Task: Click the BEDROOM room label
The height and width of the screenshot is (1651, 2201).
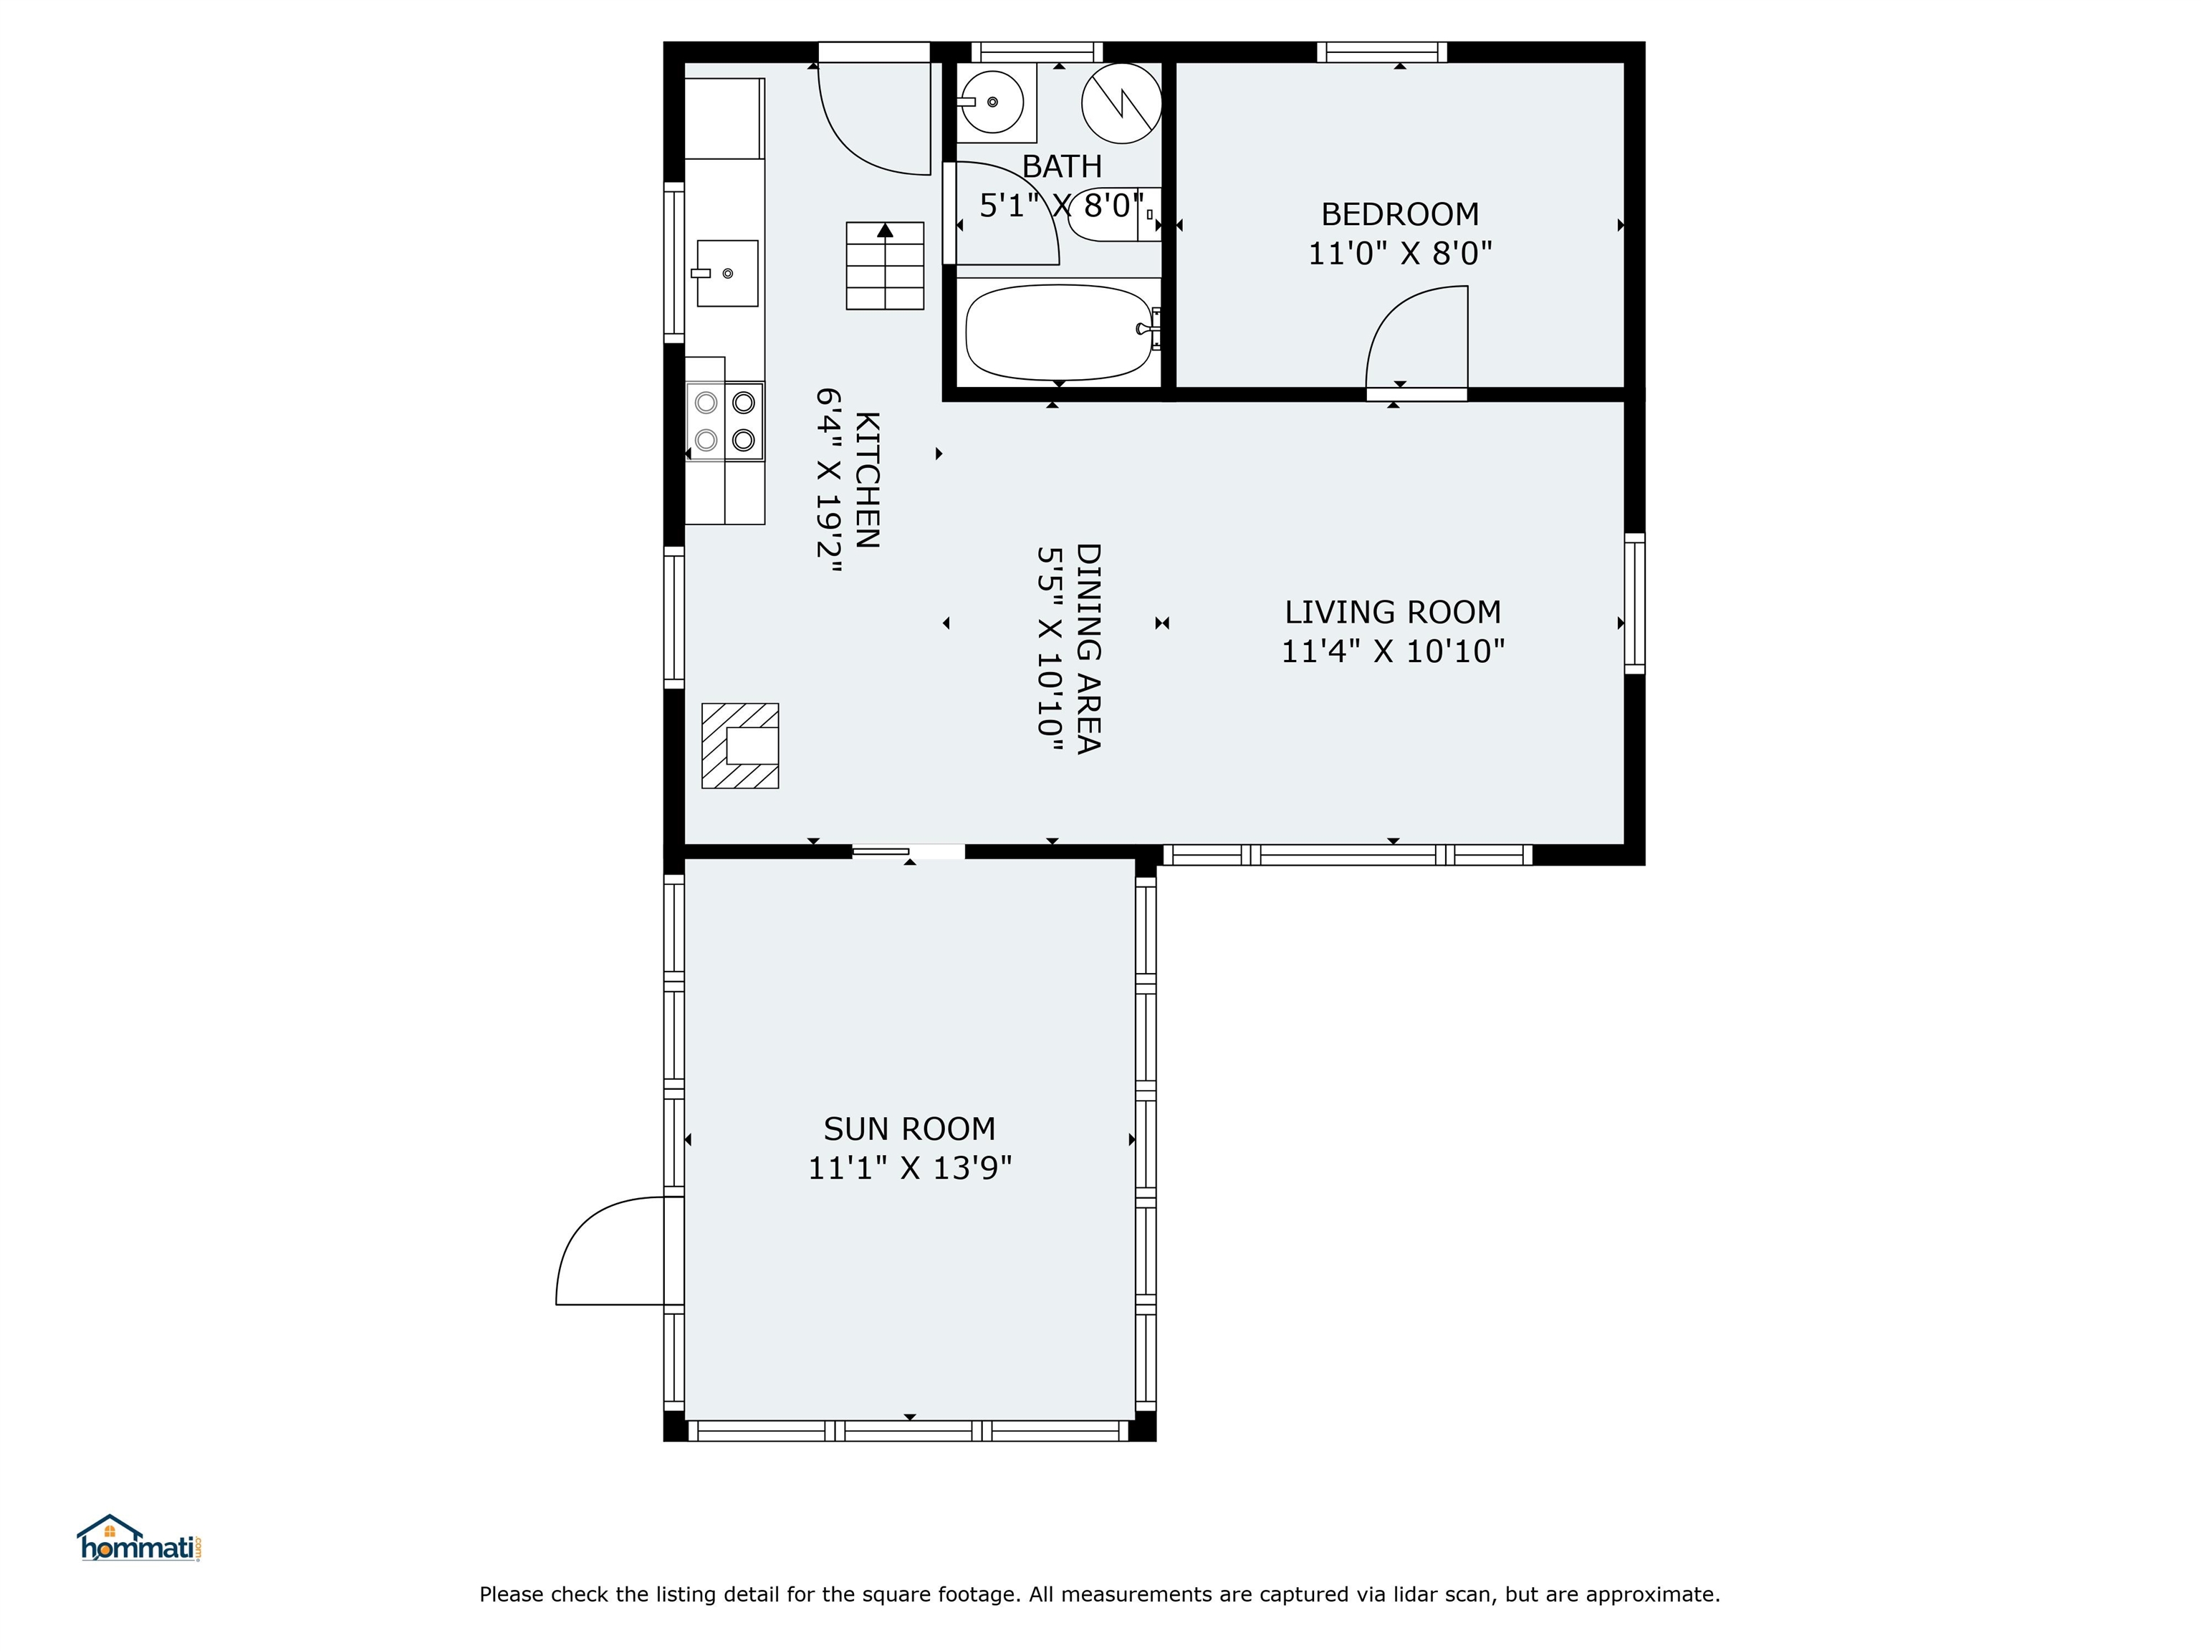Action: (x=1399, y=214)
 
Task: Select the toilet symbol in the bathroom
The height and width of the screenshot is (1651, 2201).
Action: (x=1114, y=214)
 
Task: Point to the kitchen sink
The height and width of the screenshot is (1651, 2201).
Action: (x=727, y=273)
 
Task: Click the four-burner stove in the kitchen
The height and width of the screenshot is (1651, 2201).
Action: (x=724, y=421)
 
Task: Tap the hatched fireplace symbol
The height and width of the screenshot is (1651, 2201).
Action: (x=740, y=745)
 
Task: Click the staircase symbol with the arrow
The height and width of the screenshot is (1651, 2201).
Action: (x=885, y=266)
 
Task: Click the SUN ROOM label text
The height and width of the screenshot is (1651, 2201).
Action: (x=908, y=1129)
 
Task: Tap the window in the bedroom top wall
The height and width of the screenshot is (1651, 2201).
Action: (x=1382, y=52)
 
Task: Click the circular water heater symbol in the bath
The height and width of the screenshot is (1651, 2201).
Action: (x=1121, y=102)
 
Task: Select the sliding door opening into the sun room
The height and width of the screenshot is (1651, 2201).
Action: (x=908, y=852)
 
